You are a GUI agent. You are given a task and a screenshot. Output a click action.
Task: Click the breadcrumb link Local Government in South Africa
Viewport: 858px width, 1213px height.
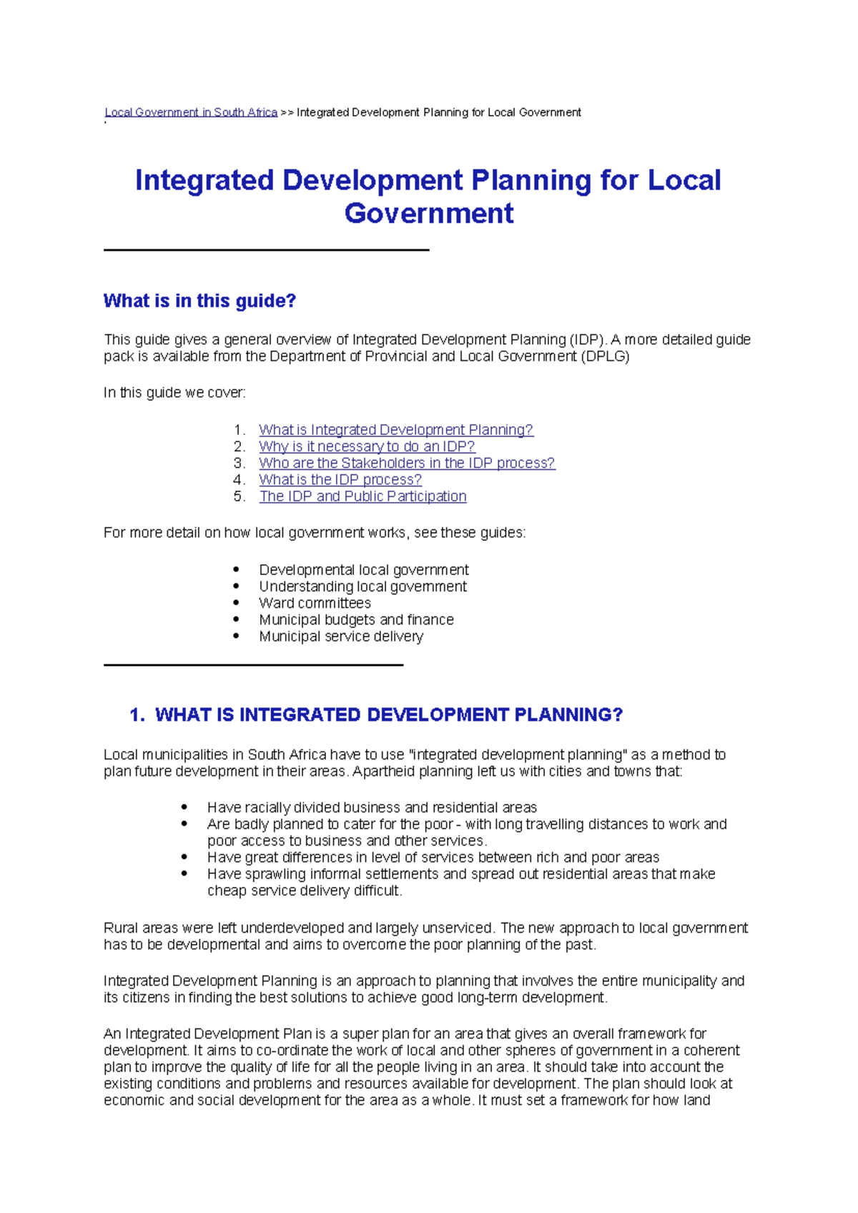[x=191, y=112]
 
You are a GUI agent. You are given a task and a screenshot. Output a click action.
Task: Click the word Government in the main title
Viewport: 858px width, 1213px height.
[x=428, y=213]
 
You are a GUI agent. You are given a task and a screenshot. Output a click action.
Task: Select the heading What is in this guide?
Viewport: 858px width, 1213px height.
[x=199, y=300]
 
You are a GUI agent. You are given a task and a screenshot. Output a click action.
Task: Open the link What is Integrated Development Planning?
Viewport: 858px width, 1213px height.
[x=395, y=430]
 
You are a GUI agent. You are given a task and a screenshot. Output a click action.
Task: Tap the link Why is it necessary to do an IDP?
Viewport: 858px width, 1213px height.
[x=367, y=446]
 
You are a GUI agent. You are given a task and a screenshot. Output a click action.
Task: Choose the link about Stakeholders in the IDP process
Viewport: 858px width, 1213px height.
[x=407, y=463]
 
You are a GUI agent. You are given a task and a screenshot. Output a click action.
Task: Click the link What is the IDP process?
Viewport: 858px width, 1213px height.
[x=340, y=479]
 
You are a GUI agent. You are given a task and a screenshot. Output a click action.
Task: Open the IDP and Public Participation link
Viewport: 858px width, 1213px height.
[x=363, y=496]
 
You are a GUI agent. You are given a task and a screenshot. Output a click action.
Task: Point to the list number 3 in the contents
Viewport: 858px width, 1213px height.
[x=239, y=463]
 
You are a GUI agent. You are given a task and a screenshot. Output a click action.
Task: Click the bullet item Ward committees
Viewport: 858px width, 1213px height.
[x=315, y=603]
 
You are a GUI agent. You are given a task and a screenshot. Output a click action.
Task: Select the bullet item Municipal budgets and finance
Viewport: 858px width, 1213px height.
[x=356, y=619]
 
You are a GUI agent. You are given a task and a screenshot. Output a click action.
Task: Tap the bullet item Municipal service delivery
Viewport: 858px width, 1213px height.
[x=341, y=636]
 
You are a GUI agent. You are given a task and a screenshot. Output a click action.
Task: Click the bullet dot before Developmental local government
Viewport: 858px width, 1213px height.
[x=237, y=569]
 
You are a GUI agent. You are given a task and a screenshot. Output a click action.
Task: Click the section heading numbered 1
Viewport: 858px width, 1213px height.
[x=376, y=714]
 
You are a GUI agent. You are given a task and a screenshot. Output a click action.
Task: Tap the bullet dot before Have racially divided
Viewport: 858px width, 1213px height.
[x=184, y=807]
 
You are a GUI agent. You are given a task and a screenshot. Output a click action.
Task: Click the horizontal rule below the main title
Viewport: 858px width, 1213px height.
[x=266, y=250]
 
